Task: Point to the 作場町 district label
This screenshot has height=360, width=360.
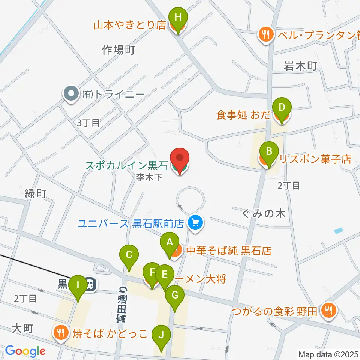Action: click(118, 49)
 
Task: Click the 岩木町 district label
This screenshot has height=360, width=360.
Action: click(301, 66)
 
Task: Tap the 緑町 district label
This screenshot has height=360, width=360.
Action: click(35, 193)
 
